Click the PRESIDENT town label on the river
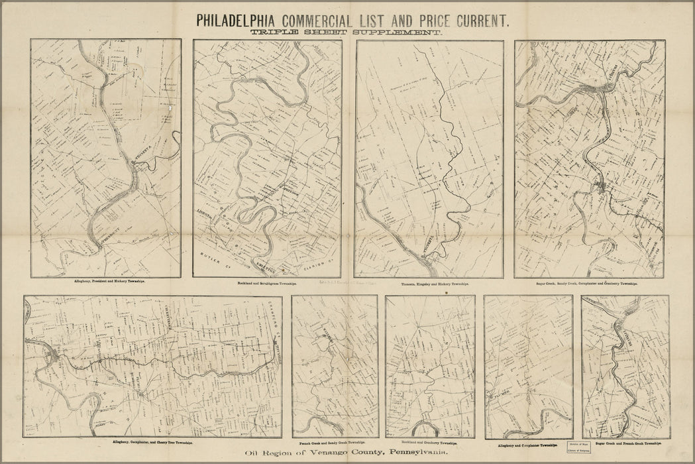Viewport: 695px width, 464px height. coord(111,239)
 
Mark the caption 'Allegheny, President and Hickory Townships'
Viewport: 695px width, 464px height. coord(106,281)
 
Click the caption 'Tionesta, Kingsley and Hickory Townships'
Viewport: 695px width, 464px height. coord(429,283)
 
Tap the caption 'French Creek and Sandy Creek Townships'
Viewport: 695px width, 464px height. coord(335,441)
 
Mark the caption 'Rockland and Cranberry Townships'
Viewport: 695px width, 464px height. coord(429,441)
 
